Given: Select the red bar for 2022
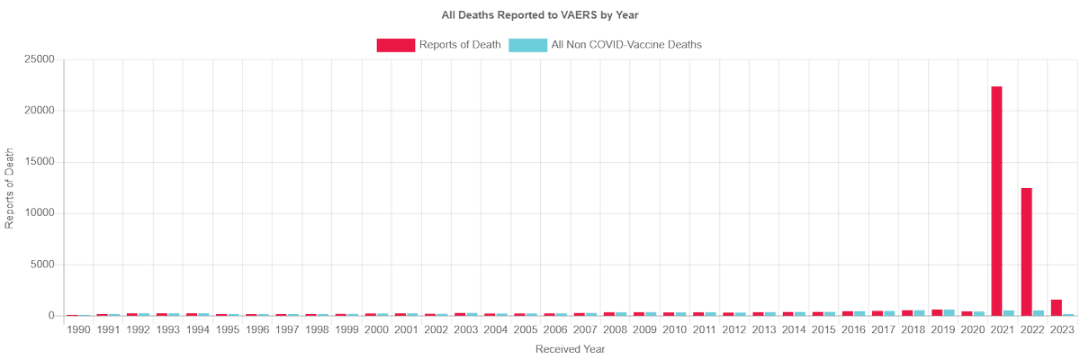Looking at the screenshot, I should click(1026, 252).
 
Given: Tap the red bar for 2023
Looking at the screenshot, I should click(1056, 308).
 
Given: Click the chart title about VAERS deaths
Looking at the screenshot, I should click(540, 15).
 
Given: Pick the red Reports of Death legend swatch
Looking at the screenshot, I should click(395, 44).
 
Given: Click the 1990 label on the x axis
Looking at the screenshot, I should click(79, 330).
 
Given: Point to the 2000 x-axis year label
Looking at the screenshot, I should click(377, 330).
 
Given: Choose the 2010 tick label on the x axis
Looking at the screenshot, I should click(675, 330).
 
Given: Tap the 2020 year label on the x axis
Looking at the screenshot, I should click(973, 330).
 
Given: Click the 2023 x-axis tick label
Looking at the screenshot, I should click(1062, 330).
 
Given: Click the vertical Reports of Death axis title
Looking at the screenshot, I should click(10, 188).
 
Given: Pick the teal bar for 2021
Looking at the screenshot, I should click(1010, 312).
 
